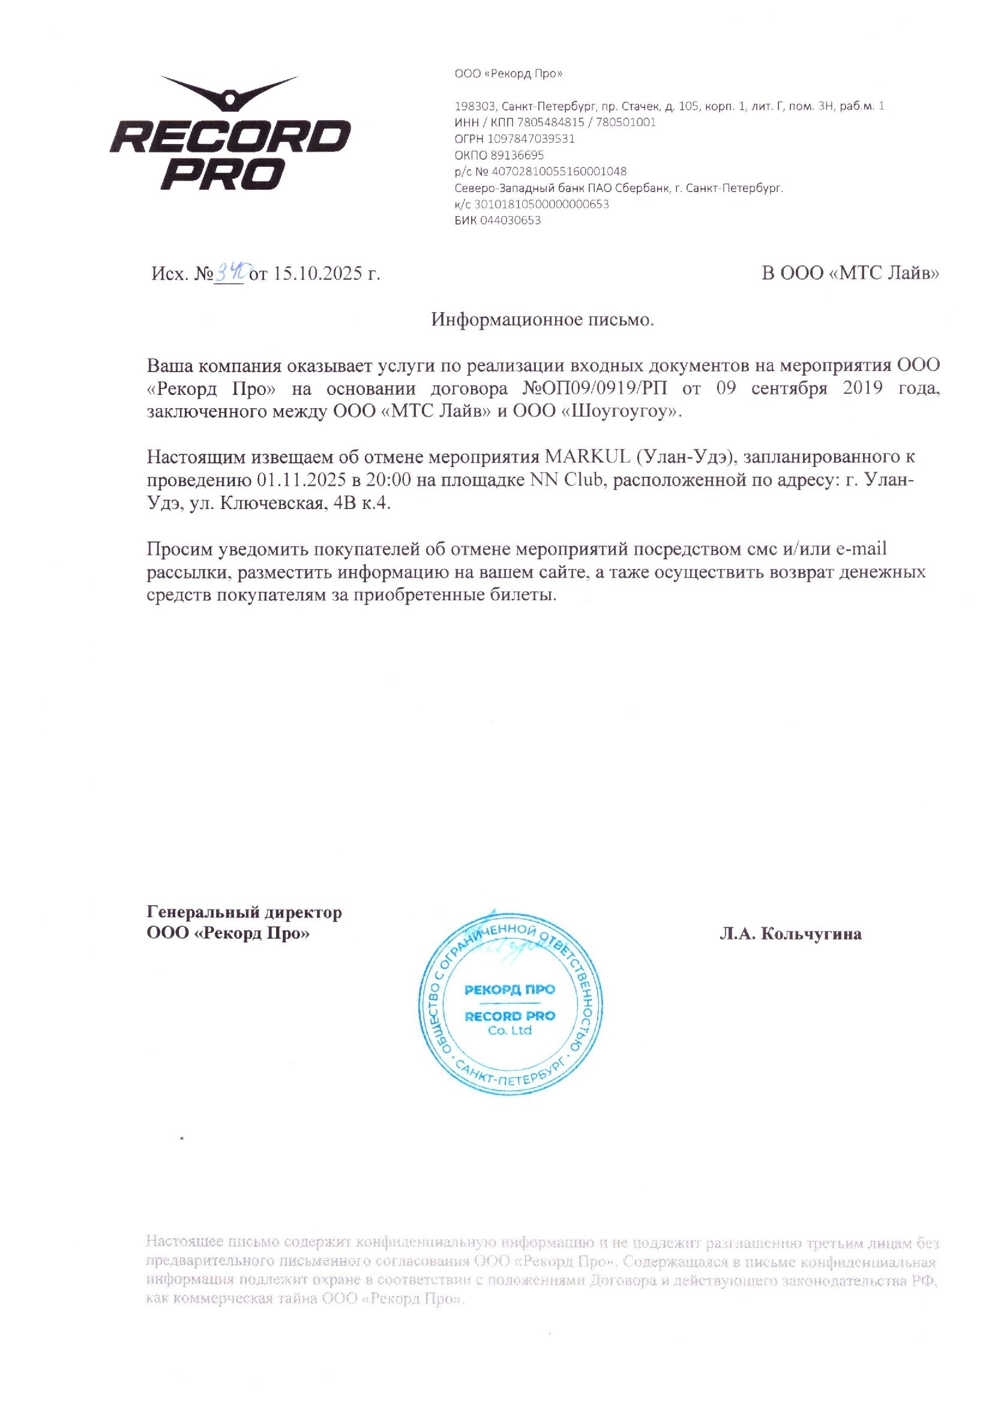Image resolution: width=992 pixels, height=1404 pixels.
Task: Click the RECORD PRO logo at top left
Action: pyautogui.click(x=230, y=133)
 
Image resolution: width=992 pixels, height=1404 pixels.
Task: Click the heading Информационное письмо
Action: pyautogui.click(x=542, y=320)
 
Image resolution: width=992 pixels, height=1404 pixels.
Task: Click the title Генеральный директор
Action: pyautogui.click(x=244, y=913)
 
